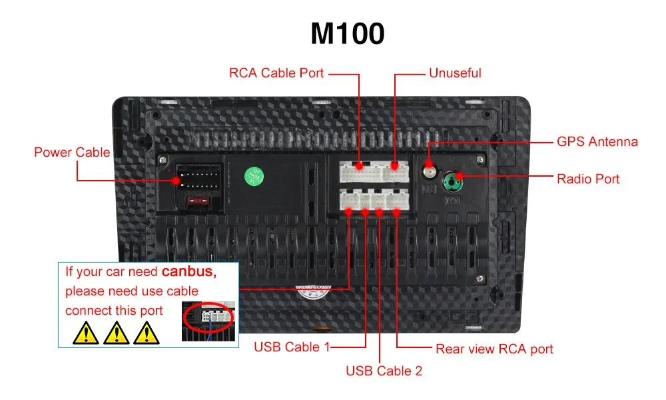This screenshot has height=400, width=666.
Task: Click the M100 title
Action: click(347, 33)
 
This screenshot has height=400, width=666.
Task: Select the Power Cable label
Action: click(72, 153)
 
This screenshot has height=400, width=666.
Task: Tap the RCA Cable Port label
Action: click(276, 73)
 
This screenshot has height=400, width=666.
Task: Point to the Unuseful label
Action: click(455, 73)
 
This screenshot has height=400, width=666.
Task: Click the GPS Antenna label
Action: click(597, 142)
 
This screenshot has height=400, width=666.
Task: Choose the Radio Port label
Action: click(587, 179)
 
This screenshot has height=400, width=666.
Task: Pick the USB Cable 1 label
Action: click(291, 347)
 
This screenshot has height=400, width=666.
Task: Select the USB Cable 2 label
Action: click(384, 371)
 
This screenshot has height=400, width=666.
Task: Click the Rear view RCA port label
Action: click(494, 349)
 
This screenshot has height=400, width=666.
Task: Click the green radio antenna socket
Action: click(456, 180)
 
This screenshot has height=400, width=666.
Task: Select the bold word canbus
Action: click(188, 272)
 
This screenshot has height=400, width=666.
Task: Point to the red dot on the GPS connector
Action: click(429, 164)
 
